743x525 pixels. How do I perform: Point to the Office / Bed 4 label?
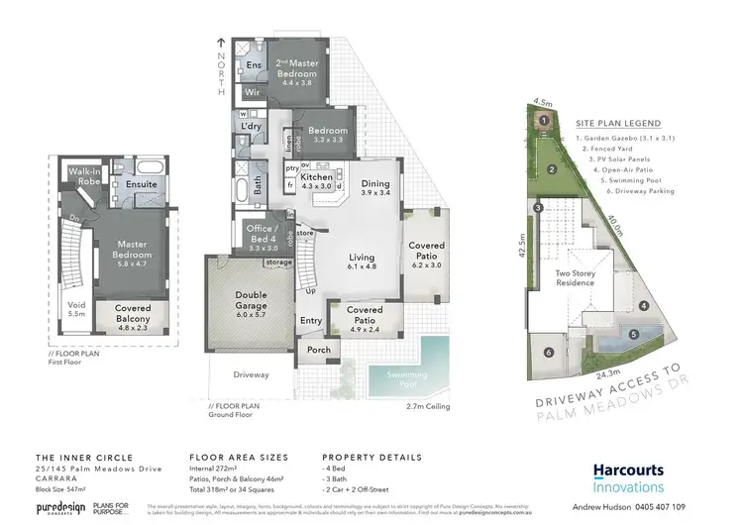pyautogui.click(x=262, y=236)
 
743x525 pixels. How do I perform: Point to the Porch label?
pyautogui.click(x=319, y=350)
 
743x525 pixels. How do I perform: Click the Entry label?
pyautogui.click(x=311, y=320)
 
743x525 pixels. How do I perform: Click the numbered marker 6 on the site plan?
pyautogui.click(x=547, y=351)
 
